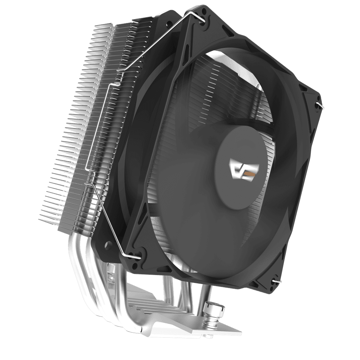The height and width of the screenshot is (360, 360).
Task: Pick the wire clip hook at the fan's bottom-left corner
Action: pyautogui.click(x=136, y=256)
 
